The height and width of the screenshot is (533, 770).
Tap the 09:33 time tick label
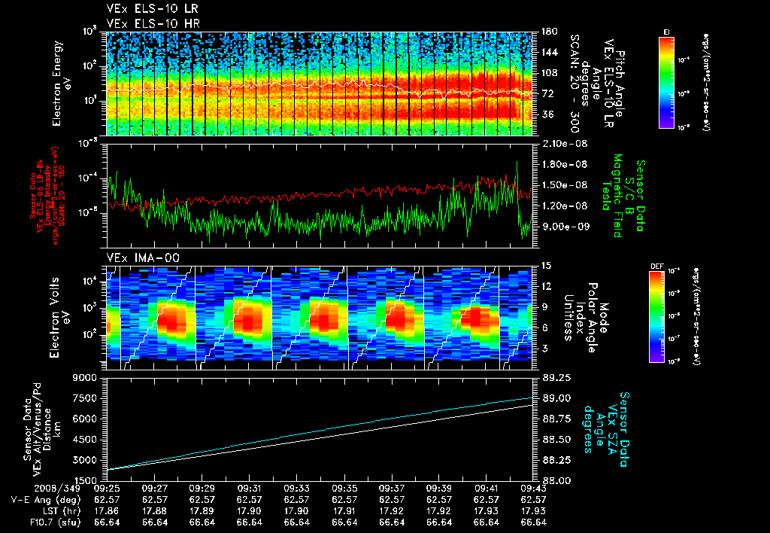[x=296, y=488]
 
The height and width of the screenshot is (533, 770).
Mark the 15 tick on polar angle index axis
[x=544, y=266]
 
